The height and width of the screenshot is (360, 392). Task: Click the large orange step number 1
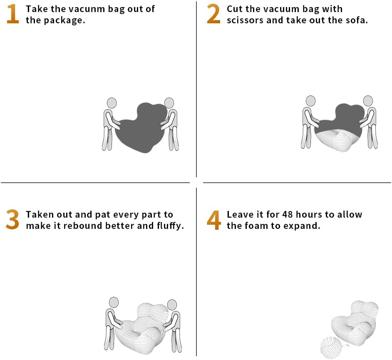click(13, 14)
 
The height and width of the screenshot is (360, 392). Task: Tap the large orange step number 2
click(214, 14)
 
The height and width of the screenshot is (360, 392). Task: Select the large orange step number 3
click(12, 219)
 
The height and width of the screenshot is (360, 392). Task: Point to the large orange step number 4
click(214, 220)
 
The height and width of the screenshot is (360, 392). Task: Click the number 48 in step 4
click(288, 214)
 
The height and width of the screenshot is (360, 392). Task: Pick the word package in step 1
click(64, 20)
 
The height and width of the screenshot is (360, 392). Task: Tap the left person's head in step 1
click(112, 103)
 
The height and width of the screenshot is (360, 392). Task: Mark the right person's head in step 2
click(368, 101)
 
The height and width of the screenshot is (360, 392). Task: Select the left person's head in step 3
click(114, 302)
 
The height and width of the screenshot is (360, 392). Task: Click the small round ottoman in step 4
click(331, 348)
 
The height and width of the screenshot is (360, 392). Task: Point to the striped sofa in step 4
click(355, 323)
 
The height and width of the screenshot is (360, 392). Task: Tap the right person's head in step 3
click(172, 305)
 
